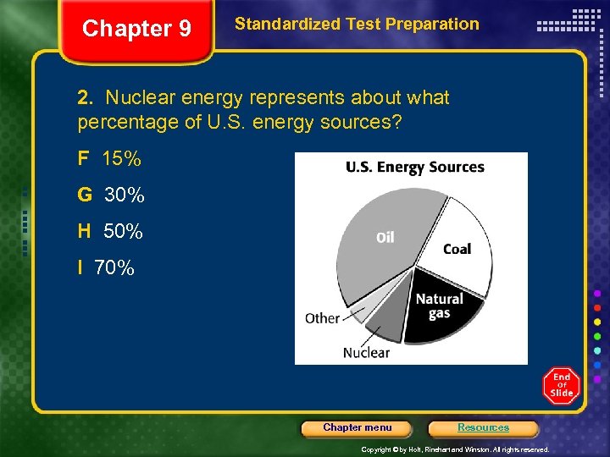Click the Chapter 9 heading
tap(136, 29)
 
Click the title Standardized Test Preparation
tap(357, 25)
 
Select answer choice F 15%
tap(109, 158)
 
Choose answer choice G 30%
tap(111, 195)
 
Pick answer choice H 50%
tap(110, 231)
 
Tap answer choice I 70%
tap(106, 268)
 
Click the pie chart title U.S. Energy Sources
tap(414, 167)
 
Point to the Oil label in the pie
tap(385, 238)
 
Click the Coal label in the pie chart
tap(457, 249)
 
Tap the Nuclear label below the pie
tap(366, 352)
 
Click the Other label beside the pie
tap(322, 318)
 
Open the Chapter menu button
tap(358, 427)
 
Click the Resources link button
tap(483, 427)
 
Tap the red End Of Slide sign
tap(561, 386)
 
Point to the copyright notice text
tap(455, 449)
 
